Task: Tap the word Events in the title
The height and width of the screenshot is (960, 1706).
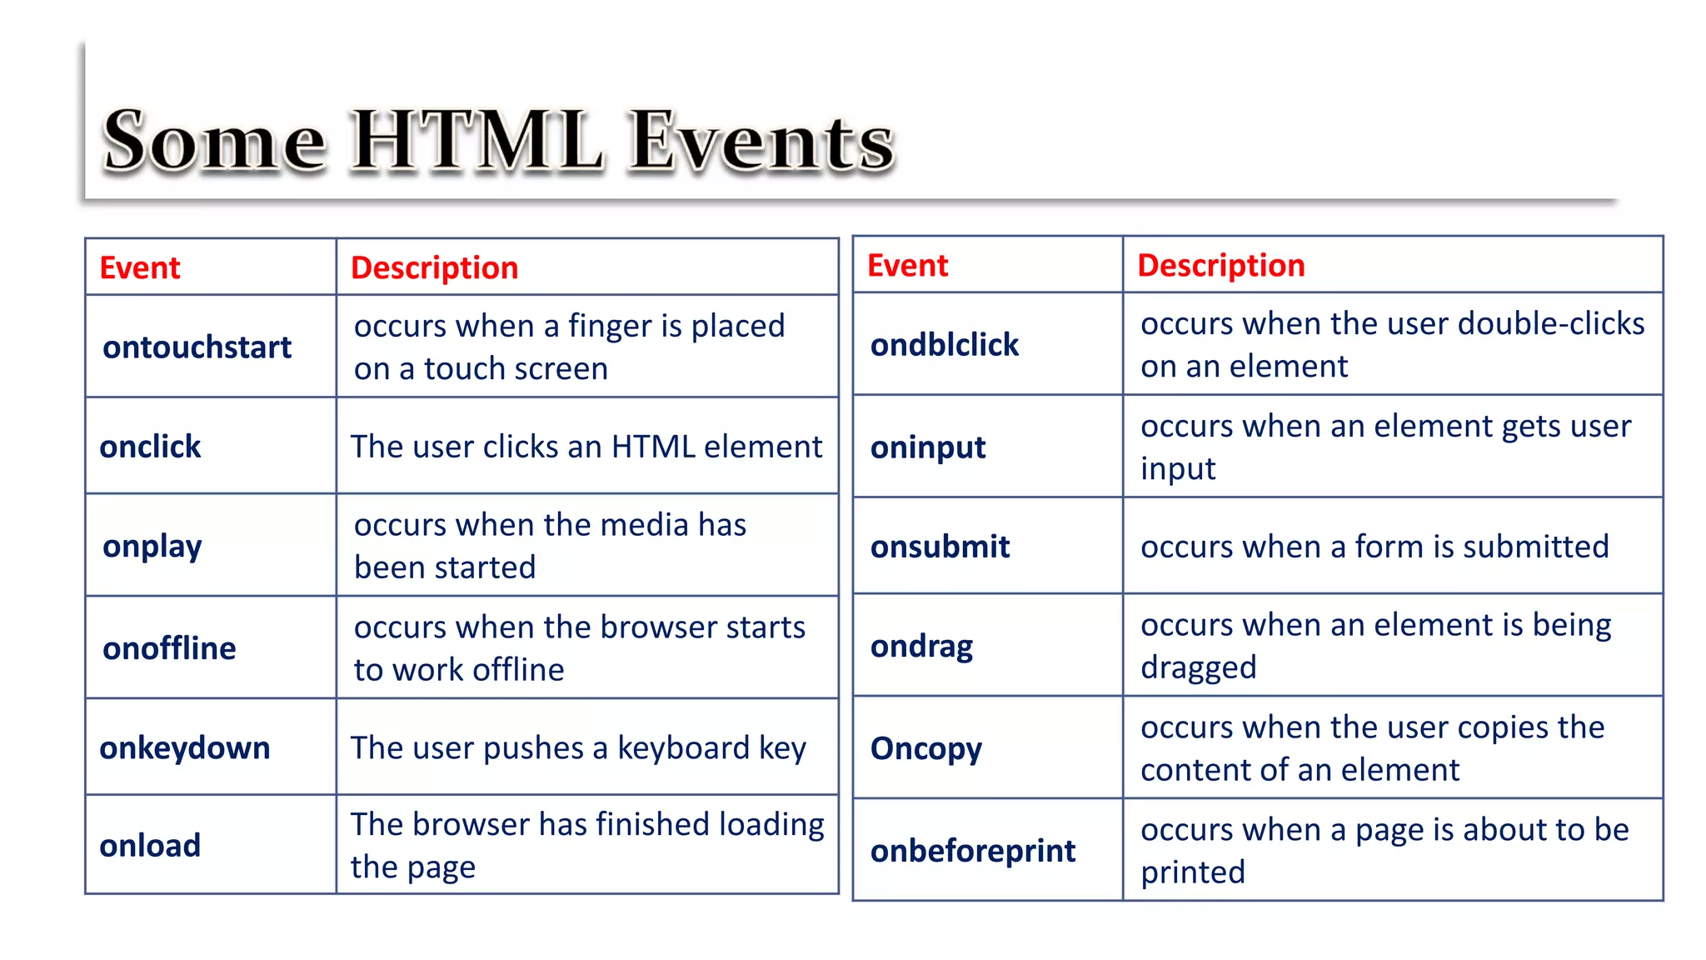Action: point(760,142)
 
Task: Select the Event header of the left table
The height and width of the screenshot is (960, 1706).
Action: point(139,267)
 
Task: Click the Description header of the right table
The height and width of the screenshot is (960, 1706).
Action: point(1220,265)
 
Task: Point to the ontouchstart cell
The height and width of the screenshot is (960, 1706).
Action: point(197,347)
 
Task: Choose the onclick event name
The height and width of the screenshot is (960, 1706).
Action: point(150,447)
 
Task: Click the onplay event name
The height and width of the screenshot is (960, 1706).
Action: point(152,547)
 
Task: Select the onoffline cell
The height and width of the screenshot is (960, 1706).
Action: point(169,648)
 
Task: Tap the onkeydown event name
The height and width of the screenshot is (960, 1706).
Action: point(184,747)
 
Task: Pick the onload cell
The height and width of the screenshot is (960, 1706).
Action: point(150,845)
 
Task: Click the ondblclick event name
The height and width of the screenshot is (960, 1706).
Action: point(944,344)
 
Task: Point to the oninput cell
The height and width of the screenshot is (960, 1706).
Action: point(927,447)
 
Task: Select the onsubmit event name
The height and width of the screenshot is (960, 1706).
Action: point(940,547)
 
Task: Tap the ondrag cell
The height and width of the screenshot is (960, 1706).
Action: point(921,646)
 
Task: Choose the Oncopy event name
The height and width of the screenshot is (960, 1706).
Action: point(925,748)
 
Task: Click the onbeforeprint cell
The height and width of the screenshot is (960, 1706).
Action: point(972,851)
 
